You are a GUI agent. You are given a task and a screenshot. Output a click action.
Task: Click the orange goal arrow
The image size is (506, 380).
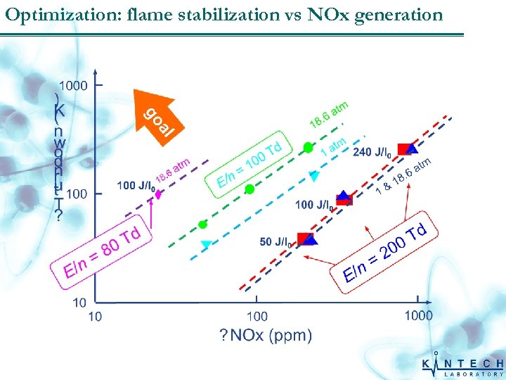(x=155, y=113)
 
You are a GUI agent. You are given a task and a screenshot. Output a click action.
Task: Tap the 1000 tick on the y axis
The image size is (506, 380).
(x=74, y=85)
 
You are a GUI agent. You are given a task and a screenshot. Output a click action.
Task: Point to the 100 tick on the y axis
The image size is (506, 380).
(x=77, y=193)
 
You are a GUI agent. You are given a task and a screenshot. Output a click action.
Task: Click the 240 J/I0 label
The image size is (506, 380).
(x=372, y=151)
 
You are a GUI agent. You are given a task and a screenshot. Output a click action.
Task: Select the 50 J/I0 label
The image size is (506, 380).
(x=275, y=242)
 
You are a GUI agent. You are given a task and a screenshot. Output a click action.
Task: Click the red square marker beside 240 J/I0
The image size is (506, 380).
(x=404, y=148)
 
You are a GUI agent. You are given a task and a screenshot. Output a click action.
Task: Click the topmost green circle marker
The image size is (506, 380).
(x=307, y=147)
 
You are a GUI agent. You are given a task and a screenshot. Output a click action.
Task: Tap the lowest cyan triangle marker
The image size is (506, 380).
(x=206, y=244)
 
